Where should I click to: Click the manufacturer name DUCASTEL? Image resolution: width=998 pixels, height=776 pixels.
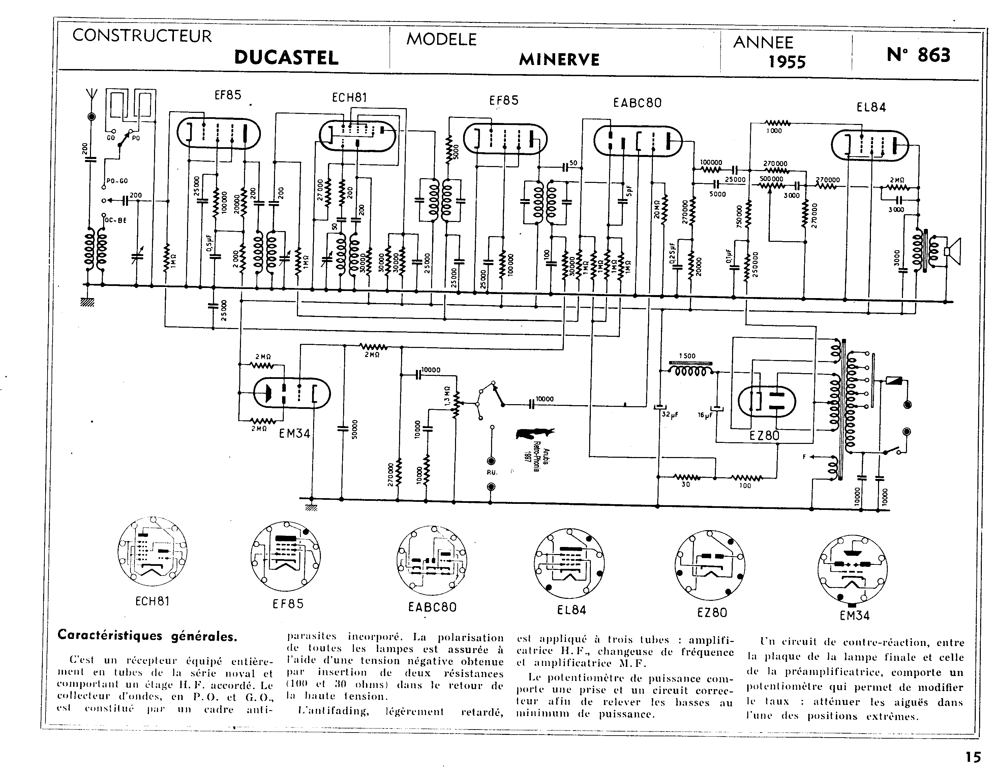click(x=286, y=58)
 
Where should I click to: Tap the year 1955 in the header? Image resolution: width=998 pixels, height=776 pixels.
click(x=787, y=62)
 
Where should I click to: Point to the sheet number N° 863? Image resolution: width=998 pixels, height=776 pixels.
click(x=918, y=55)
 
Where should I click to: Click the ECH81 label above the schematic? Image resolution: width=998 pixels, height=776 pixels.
click(x=349, y=98)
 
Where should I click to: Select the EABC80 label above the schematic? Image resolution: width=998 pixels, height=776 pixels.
click(x=637, y=103)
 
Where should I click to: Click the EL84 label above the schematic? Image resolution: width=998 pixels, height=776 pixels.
click(x=871, y=107)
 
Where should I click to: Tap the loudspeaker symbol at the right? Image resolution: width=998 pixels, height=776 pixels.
click(x=953, y=251)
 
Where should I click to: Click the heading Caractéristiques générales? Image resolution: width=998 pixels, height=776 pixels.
click(x=147, y=636)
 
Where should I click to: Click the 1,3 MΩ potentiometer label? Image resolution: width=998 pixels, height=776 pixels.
click(x=447, y=395)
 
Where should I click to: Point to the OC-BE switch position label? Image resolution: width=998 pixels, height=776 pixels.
click(x=116, y=220)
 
